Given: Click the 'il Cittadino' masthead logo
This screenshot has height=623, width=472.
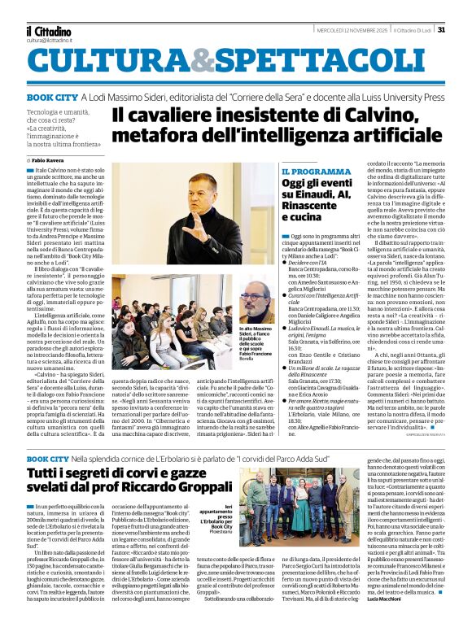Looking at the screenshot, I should [48, 31].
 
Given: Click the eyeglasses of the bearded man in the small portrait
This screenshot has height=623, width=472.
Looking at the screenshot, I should [254, 298].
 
